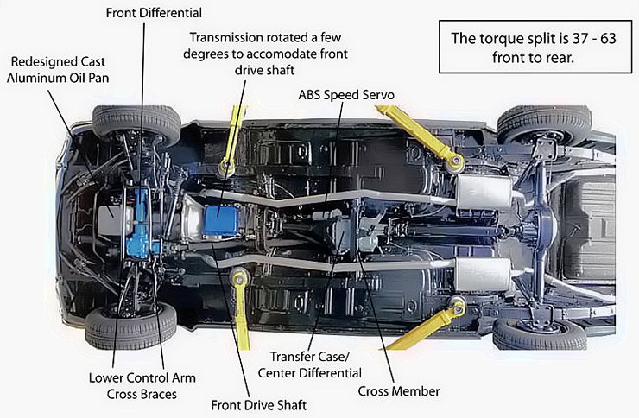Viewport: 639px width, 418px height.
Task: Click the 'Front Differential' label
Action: point(154,13)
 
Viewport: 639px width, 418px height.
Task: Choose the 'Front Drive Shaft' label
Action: point(258,403)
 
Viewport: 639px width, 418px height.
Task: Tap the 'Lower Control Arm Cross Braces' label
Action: point(142,386)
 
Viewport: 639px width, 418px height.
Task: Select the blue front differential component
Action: point(136,223)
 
